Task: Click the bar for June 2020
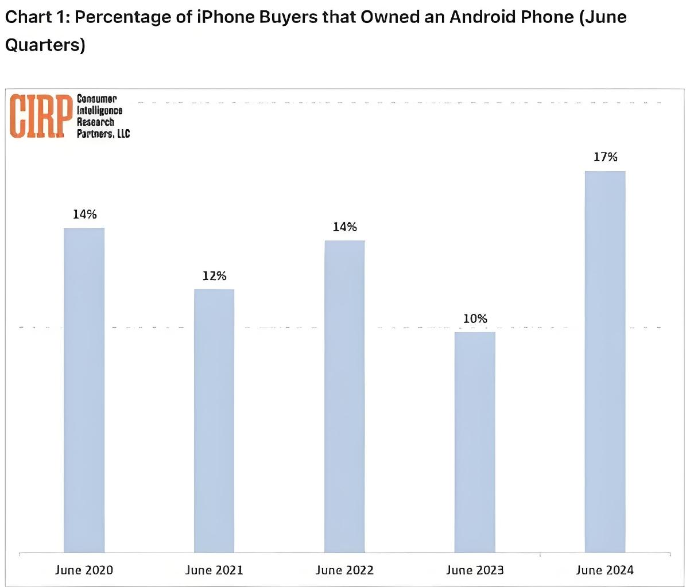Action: pos(84,390)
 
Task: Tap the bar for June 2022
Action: pos(344,396)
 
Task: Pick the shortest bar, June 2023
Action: pos(475,442)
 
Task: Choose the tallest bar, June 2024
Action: pos(605,361)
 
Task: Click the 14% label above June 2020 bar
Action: pos(84,215)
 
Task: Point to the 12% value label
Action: pos(214,276)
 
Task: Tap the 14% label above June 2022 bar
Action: pos(344,227)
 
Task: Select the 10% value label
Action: pos(475,318)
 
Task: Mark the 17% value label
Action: pos(605,157)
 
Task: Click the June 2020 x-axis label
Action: pos(84,570)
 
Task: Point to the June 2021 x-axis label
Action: pos(214,570)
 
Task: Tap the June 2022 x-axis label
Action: pos(344,570)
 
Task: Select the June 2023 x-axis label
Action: pos(475,570)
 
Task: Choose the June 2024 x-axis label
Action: pos(605,570)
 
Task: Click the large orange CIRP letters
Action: pos(41,116)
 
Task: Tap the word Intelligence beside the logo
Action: pos(100,110)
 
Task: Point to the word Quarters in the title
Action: pos(45,45)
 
